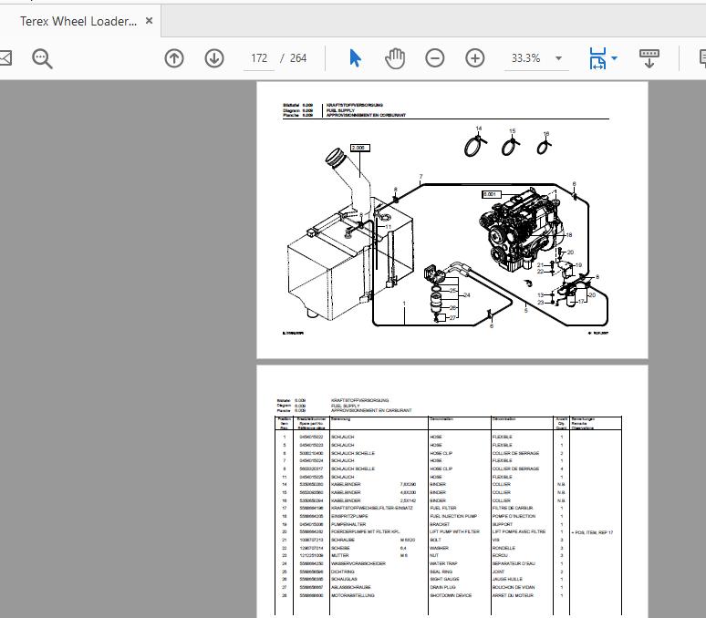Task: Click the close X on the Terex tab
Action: (150, 21)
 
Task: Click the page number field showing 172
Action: (260, 58)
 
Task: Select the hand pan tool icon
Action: (394, 58)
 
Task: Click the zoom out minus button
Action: (435, 58)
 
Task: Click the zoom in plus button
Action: (475, 58)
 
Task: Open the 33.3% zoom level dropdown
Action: (559, 58)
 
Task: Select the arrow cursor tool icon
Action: (355, 58)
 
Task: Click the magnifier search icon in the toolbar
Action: (42, 58)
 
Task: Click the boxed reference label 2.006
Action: (358, 148)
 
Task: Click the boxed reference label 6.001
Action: (491, 194)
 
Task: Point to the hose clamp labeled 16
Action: (544, 149)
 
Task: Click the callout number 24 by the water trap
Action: (466, 295)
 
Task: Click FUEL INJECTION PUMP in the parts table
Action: (453, 516)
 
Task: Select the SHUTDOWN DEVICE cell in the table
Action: (451, 595)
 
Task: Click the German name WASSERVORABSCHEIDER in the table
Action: (358, 563)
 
